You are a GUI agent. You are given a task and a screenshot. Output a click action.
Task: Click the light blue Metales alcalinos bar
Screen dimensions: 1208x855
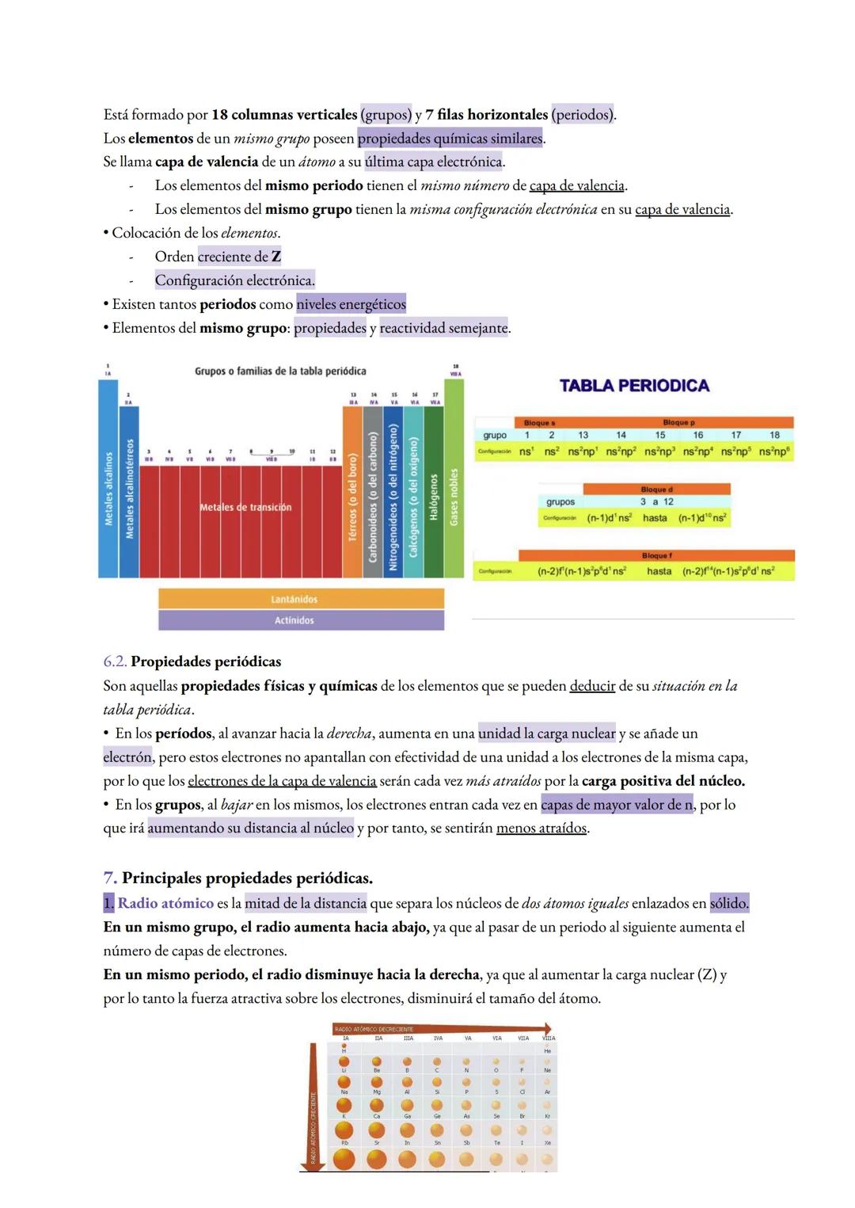coord(108,479)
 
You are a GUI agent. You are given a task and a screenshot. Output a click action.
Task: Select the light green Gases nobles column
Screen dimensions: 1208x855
coord(454,479)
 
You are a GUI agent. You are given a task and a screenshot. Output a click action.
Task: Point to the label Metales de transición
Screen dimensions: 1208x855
coord(245,507)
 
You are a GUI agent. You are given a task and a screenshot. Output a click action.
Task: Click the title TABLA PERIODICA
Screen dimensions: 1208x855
coord(634,386)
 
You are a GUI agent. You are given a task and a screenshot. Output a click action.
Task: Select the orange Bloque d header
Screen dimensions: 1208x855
coord(655,490)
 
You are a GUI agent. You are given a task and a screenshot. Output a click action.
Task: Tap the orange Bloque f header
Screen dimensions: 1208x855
coord(655,556)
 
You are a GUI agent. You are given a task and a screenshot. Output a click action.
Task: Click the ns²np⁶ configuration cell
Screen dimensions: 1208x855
coord(774,451)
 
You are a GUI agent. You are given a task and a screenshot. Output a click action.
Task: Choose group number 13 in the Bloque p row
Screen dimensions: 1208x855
coord(583,435)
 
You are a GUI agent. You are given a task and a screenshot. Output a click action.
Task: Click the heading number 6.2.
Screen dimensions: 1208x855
coord(115,661)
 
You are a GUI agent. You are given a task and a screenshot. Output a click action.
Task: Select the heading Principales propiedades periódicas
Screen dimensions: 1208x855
coord(247,878)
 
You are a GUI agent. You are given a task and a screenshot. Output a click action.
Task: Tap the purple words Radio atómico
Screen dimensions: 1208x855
coord(165,903)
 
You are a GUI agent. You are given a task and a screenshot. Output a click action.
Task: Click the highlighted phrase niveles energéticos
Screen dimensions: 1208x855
coord(351,304)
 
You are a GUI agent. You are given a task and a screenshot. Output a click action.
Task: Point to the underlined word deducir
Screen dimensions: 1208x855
coord(592,686)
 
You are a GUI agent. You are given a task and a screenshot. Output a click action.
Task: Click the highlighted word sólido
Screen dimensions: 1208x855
coord(728,903)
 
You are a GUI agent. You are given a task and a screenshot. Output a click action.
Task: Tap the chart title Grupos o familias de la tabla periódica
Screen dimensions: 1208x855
coord(280,371)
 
